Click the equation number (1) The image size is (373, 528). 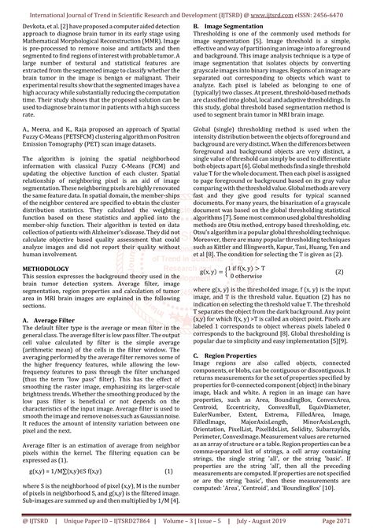(168, 471)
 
